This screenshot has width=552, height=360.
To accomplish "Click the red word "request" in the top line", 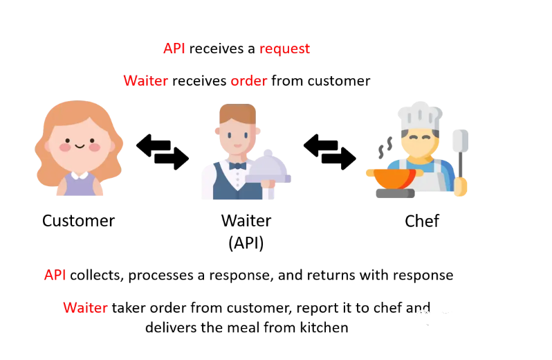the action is [284, 49].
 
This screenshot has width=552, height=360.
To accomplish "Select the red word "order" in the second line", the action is [248, 81].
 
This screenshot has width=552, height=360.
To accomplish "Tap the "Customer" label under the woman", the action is [78, 221].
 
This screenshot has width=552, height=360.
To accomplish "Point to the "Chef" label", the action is [422, 221].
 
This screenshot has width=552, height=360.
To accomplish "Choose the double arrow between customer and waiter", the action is [163, 152].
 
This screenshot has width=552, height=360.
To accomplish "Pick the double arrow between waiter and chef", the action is [330, 152].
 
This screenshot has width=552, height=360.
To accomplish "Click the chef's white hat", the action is [419, 115].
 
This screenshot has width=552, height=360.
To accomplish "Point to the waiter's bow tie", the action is [237, 165].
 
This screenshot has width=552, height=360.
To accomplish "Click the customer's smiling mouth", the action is [78, 146].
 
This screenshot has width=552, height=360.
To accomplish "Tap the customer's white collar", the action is [78, 174].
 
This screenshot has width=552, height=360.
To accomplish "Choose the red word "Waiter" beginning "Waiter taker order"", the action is [85, 308].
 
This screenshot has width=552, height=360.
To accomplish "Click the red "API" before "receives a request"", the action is [174, 49].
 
